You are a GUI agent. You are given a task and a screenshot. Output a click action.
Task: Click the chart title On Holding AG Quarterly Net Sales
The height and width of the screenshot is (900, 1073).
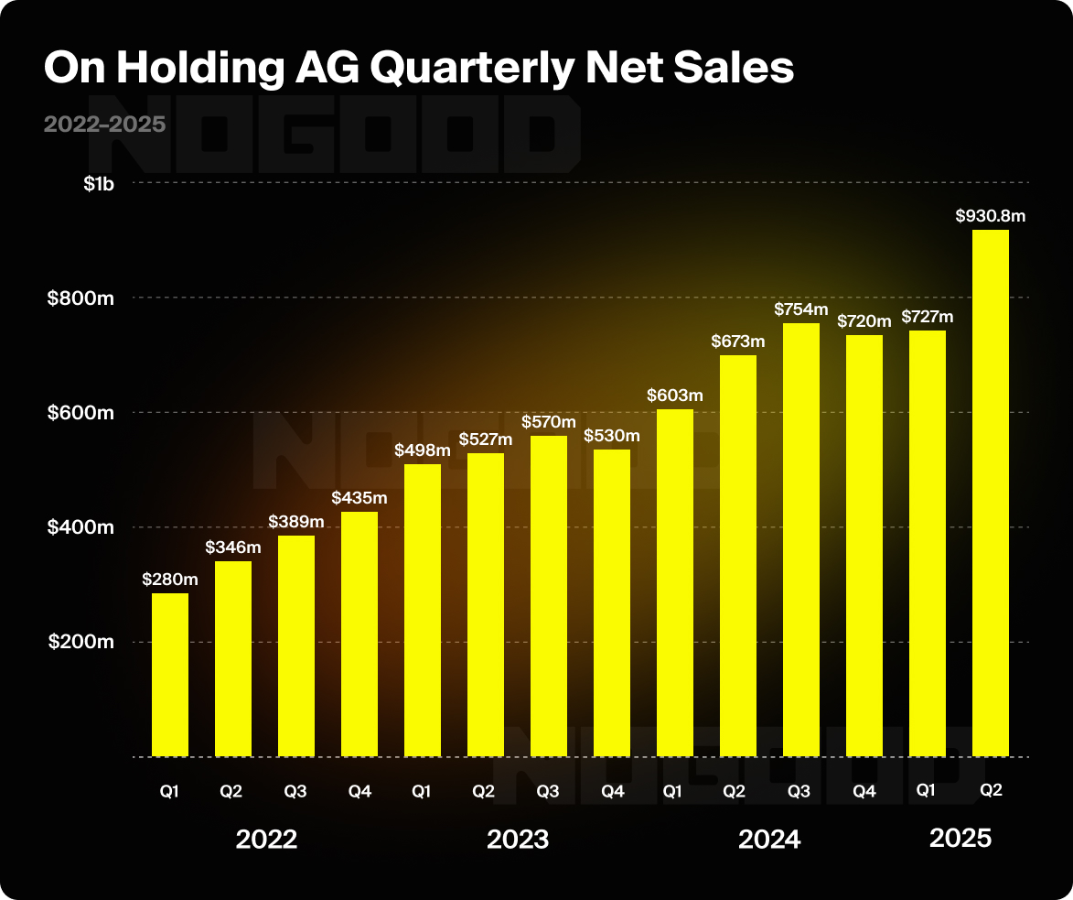(x=419, y=70)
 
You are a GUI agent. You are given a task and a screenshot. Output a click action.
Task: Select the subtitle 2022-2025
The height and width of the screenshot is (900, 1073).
(x=104, y=125)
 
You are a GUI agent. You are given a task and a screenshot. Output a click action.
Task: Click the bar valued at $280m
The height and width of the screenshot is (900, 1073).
(x=170, y=675)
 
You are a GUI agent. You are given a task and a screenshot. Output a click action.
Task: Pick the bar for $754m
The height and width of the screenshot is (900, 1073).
(x=800, y=539)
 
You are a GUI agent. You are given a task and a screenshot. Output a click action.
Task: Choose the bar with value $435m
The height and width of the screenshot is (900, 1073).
(x=359, y=634)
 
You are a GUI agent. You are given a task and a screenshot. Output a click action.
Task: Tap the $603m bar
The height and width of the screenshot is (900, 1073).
(x=674, y=582)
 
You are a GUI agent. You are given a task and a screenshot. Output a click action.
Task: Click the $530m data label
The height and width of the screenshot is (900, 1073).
(x=612, y=436)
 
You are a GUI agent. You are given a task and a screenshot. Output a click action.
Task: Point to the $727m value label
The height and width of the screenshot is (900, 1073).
(x=928, y=317)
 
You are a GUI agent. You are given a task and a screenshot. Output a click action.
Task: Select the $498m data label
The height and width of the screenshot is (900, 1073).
(x=422, y=450)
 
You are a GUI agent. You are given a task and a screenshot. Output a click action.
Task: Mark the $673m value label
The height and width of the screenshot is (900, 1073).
(x=738, y=342)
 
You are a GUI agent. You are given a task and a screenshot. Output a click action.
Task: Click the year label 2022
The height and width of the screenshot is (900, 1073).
(x=266, y=840)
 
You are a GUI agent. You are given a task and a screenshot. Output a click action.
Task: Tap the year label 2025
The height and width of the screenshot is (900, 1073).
(x=960, y=838)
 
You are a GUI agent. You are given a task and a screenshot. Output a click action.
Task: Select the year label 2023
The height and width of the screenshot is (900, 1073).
(x=518, y=840)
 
